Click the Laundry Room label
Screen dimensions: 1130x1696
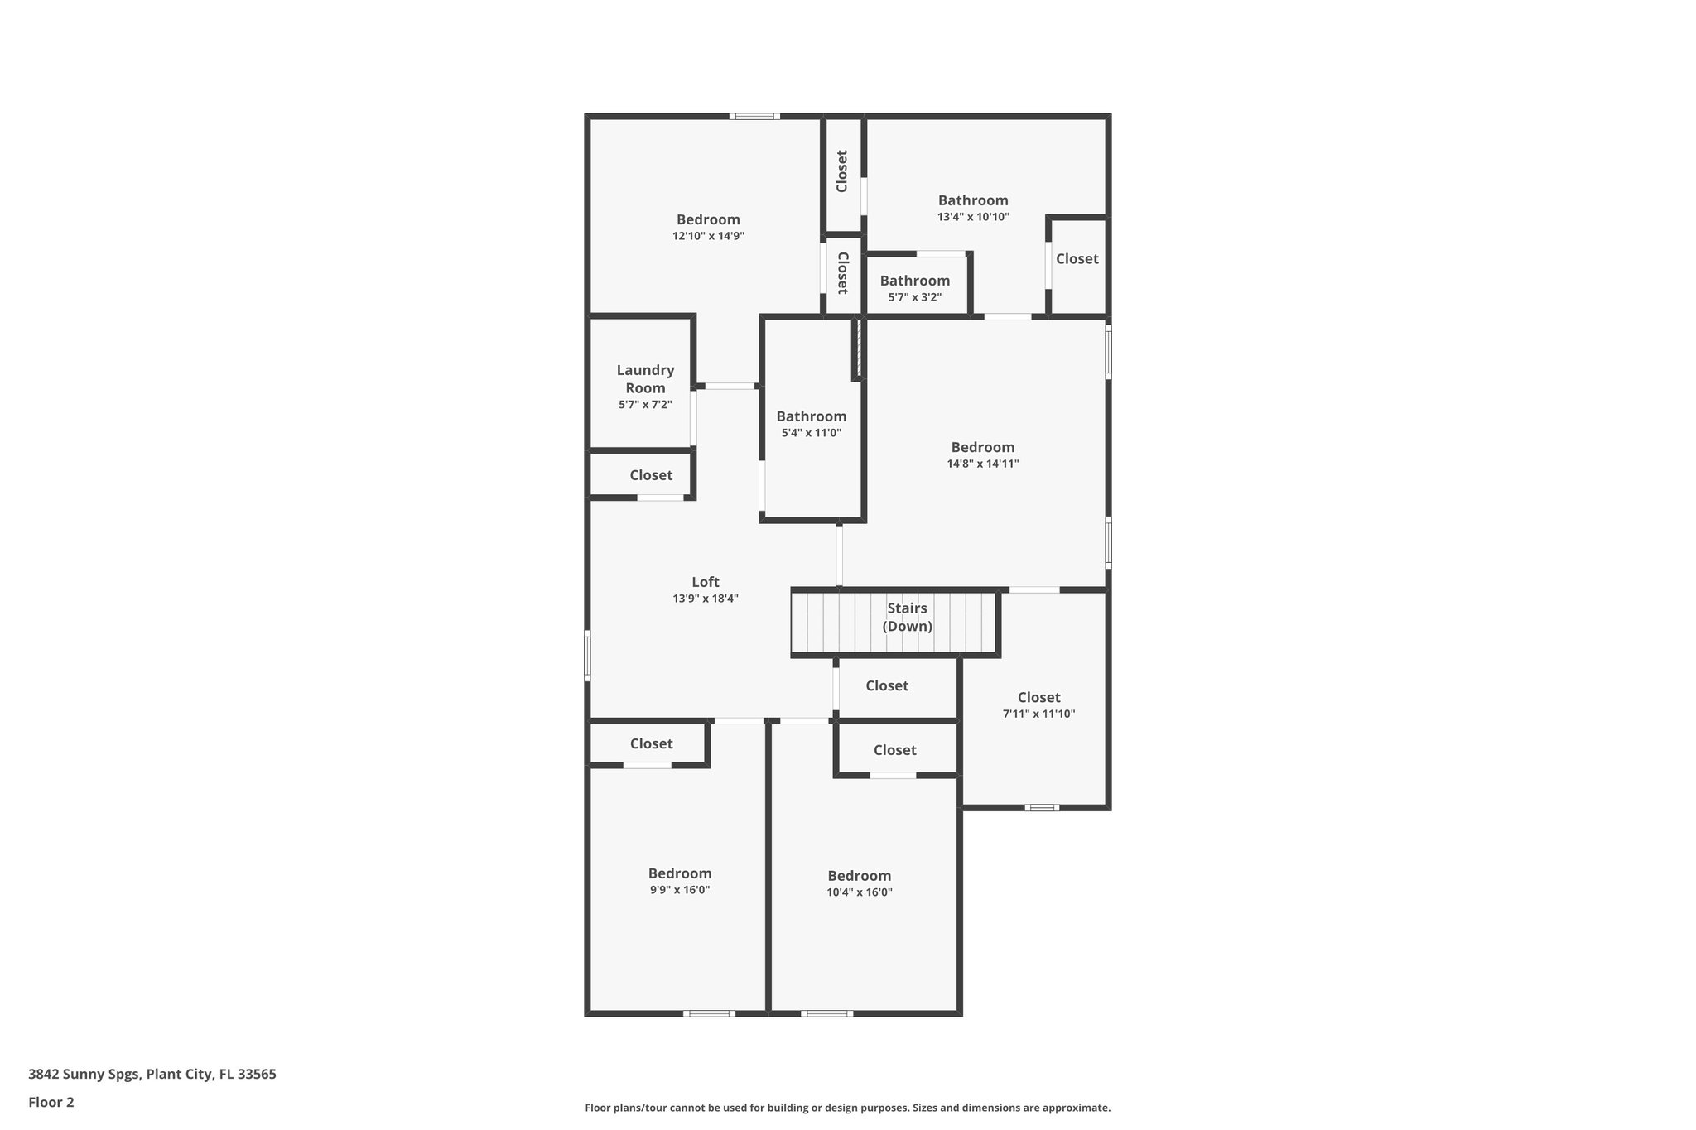click(645, 379)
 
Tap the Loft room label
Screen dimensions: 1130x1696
click(706, 582)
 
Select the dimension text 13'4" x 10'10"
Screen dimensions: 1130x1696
click(973, 217)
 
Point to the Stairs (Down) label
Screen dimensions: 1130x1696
click(907, 617)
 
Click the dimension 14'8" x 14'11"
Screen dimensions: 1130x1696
click(982, 464)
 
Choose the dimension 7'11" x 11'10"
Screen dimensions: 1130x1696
click(1038, 714)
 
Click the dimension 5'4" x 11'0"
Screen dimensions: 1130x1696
click(811, 433)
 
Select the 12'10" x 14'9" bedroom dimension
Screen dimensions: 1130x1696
click(708, 236)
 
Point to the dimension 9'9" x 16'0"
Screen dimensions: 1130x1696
click(679, 890)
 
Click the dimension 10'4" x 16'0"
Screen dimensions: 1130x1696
click(859, 892)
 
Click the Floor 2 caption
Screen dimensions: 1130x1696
click(51, 1102)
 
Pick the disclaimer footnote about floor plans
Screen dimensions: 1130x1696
click(847, 1108)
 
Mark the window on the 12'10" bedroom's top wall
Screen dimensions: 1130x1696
click(754, 117)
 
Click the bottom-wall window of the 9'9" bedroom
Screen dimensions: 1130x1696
click(709, 1013)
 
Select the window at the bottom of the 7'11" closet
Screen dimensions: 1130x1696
click(1042, 808)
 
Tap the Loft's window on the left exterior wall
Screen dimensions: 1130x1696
click(587, 656)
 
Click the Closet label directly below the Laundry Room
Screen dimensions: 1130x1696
click(651, 475)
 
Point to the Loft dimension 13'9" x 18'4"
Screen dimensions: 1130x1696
click(706, 599)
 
